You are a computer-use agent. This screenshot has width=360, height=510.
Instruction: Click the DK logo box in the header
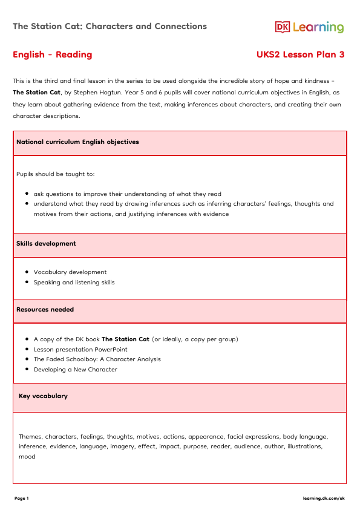(x=283, y=27)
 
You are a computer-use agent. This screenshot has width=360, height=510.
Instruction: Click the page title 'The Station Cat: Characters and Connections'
(x=110, y=27)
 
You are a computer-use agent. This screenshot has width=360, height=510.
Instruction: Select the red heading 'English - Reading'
(x=53, y=55)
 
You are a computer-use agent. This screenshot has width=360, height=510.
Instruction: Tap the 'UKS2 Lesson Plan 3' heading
(x=301, y=55)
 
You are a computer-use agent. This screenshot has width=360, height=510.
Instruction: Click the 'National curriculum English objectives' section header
(x=77, y=142)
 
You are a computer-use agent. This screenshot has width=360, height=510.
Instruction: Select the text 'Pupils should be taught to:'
(x=56, y=174)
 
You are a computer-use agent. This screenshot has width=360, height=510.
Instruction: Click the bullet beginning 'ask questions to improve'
(x=127, y=194)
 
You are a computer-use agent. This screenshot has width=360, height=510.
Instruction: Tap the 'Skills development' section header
(x=46, y=244)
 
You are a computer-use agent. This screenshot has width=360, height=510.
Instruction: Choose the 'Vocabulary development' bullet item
(x=70, y=272)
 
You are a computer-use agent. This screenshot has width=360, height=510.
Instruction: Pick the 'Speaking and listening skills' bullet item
(x=74, y=283)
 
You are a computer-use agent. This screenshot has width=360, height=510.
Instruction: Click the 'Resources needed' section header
(x=45, y=310)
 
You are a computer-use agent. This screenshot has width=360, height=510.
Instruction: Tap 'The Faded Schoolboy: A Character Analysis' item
(x=97, y=359)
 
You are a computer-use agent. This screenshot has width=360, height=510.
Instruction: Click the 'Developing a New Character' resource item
(x=75, y=370)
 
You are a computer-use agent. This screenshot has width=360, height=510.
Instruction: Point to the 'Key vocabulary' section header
(x=43, y=396)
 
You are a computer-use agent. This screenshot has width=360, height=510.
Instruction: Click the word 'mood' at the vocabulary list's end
(x=27, y=457)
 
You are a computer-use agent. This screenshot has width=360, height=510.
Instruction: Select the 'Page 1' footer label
(x=21, y=499)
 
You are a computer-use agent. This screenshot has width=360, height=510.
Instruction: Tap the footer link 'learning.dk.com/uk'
(x=324, y=499)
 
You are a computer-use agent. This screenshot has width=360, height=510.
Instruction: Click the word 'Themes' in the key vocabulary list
(x=30, y=436)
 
